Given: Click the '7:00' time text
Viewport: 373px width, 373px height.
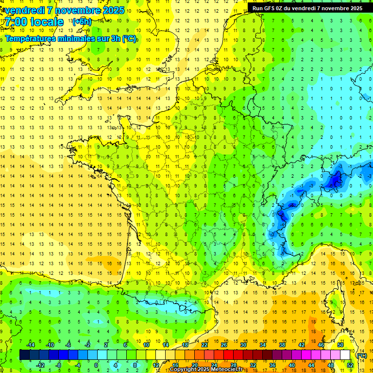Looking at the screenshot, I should (16, 22).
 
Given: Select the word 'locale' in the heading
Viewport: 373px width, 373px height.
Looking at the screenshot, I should (48, 22).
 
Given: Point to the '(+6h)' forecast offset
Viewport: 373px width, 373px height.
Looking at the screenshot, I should (81, 22).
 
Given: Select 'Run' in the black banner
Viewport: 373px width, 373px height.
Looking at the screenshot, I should (257, 8).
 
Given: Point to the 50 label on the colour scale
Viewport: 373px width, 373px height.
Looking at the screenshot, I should (340, 345).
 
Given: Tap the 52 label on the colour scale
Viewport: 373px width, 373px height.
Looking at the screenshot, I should (350, 365).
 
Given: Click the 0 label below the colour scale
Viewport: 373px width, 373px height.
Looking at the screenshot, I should (96, 365).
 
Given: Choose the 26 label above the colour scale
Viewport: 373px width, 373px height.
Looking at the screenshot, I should (223, 345).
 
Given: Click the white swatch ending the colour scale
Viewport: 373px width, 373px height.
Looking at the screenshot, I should (345, 355).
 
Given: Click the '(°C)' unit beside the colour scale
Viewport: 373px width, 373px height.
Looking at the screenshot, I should (362, 356).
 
